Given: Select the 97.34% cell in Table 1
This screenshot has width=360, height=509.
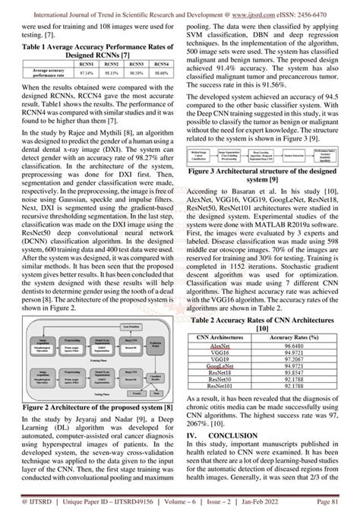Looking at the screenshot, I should [x=84, y=95].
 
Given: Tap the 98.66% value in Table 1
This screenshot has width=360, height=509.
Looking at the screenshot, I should [x=157, y=95].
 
